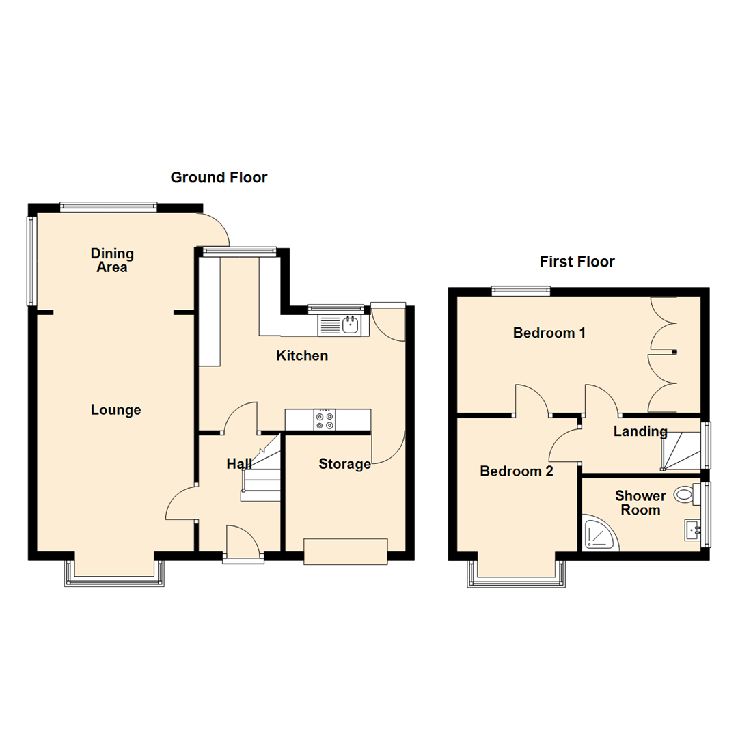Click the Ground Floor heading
click(219, 178)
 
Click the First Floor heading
click(577, 262)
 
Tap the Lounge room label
click(116, 410)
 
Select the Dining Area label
click(112, 260)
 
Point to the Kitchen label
click(302, 356)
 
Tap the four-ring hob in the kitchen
click(324, 420)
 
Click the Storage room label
click(344, 465)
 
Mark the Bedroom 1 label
click(549, 333)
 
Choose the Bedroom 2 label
click(517, 471)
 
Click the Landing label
click(640, 431)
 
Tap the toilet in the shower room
click(684, 494)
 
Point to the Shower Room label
click(640, 503)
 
